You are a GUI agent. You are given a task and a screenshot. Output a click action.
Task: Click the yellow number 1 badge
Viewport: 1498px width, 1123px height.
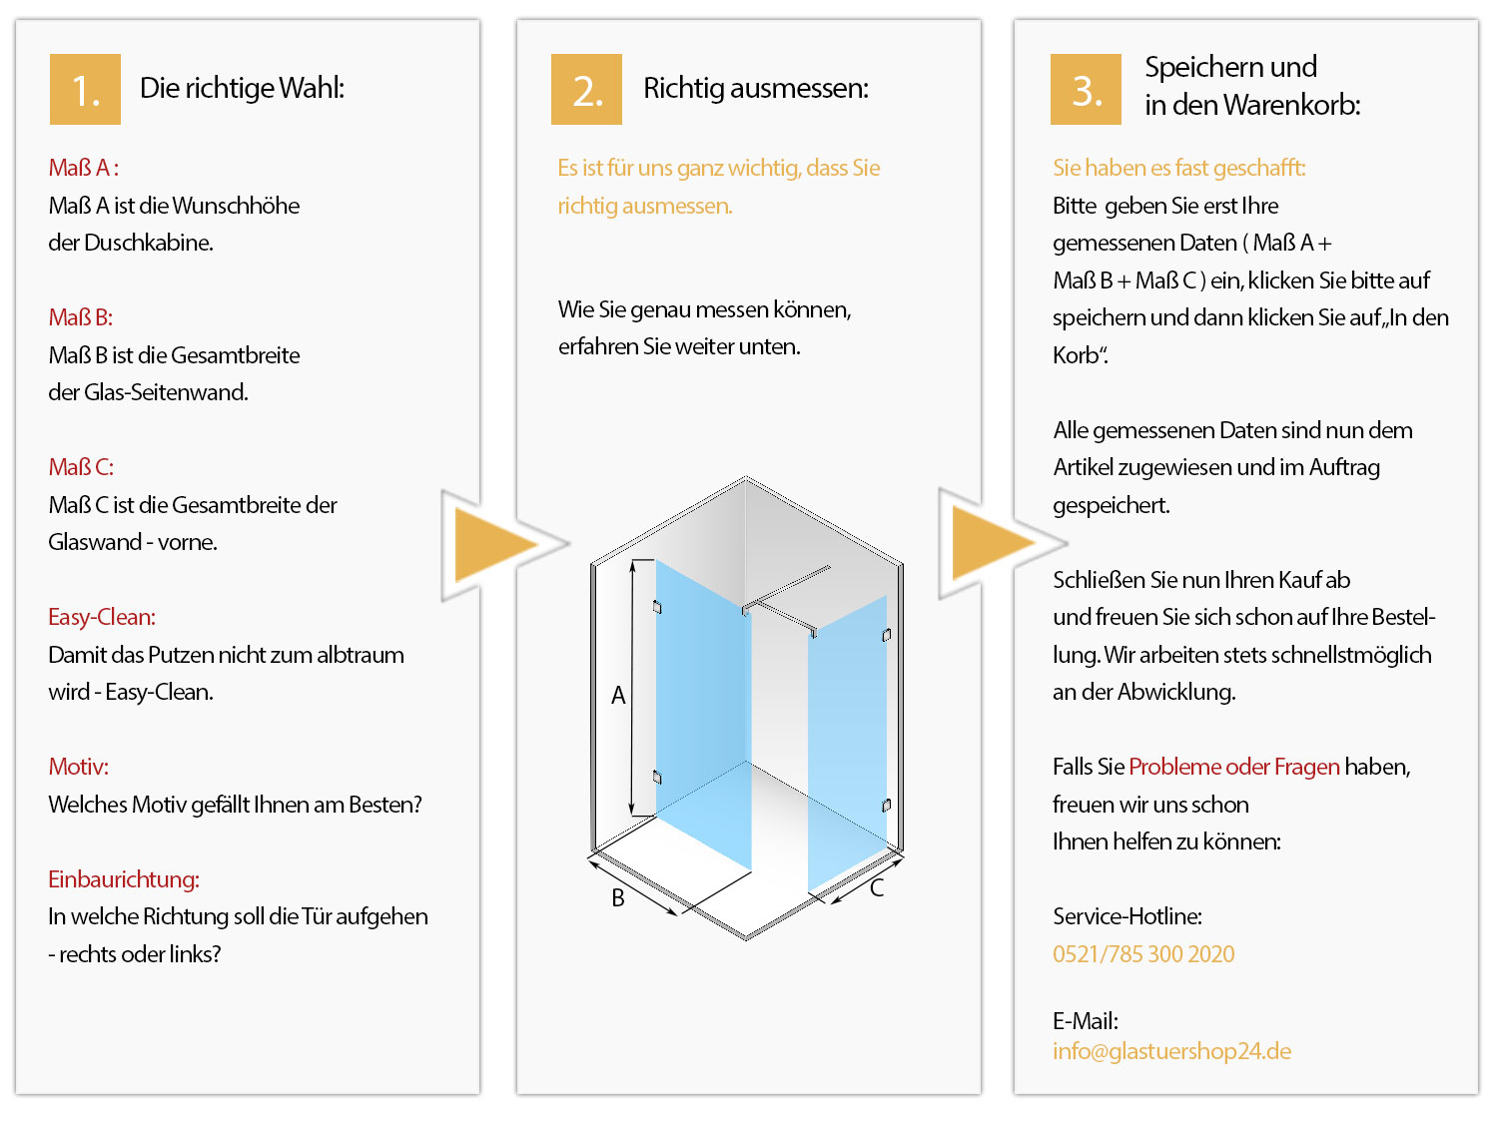tap(85, 90)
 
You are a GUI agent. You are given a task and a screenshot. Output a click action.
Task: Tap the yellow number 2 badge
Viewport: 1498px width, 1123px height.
tap(586, 90)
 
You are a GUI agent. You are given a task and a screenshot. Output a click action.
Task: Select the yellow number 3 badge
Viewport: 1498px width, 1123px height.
tap(1086, 90)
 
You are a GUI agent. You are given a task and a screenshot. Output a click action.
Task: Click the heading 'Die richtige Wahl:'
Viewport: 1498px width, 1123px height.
tap(242, 88)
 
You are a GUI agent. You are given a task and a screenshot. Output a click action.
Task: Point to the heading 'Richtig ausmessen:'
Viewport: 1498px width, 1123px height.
tap(755, 88)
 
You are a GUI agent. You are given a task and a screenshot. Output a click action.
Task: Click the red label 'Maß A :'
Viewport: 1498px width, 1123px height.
tap(84, 168)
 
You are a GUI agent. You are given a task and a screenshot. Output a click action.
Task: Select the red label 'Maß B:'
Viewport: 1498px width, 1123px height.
tap(81, 317)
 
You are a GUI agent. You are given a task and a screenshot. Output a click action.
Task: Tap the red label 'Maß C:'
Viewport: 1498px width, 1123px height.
tap(81, 467)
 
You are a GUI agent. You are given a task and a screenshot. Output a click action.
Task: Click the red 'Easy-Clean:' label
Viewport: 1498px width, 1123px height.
tap(102, 617)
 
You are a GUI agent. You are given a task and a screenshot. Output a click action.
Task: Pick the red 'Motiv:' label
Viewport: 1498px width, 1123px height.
tap(79, 767)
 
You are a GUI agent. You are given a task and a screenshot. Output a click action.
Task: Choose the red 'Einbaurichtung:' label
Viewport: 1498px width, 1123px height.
tap(124, 879)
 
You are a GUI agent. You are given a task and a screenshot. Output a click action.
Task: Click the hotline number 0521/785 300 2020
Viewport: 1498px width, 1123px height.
tap(1143, 954)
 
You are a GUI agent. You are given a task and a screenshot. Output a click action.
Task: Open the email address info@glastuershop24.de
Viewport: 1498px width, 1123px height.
tap(1171, 1051)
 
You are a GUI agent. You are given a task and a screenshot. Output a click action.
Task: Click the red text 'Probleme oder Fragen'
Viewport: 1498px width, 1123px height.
tap(1234, 767)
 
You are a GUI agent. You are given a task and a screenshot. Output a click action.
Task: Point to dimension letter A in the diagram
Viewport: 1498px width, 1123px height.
tap(618, 696)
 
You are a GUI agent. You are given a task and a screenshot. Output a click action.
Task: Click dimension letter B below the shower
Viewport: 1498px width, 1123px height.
tap(618, 898)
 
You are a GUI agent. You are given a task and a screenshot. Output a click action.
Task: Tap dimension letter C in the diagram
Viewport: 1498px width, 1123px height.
tap(877, 888)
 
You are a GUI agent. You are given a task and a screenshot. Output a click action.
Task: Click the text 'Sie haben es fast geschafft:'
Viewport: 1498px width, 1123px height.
tap(1178, 168)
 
